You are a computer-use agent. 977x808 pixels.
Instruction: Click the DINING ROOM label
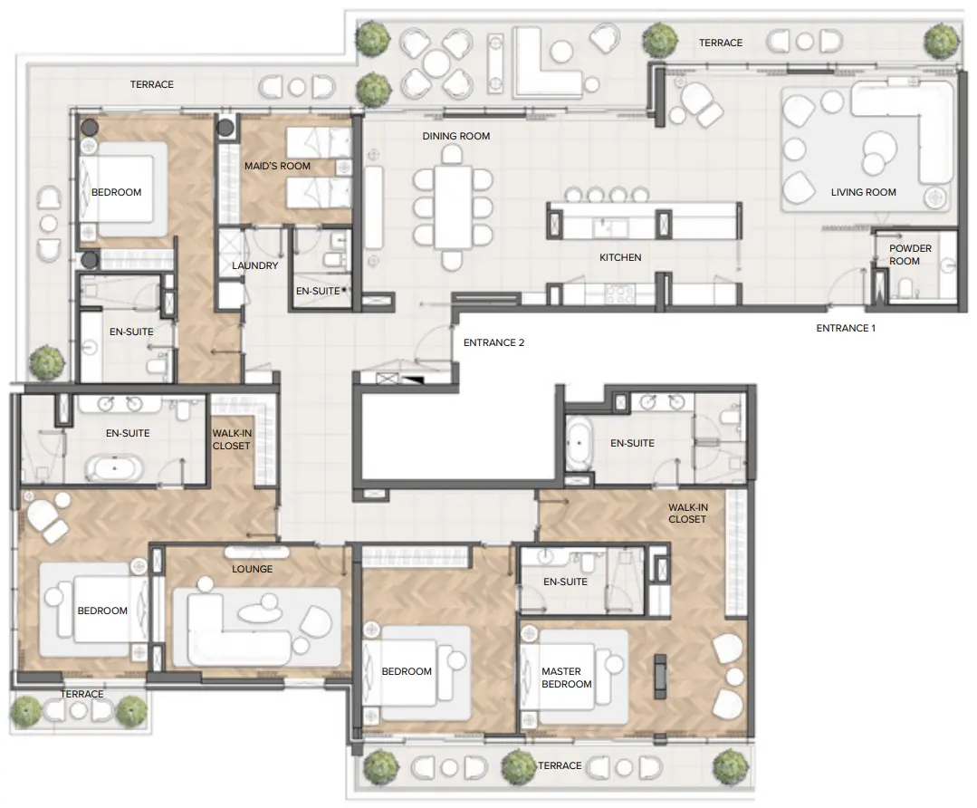pyautogui.click(x=455, y=136)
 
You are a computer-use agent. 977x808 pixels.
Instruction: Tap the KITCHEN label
pyautogui.click(x=620, y=257)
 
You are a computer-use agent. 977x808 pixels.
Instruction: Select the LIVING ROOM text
pyautogui.click(x=863, y=192)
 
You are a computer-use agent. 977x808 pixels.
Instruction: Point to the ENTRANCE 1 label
pyautogui.click(x=846, y=328)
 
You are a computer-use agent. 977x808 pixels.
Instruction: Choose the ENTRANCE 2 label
pyautogui.click(x=493, y=342)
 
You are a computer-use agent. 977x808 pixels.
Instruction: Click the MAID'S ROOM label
pyautogui.click(x=277, y=166)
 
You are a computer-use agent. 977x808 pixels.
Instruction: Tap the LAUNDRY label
pyautogui.click(x=254, y=265)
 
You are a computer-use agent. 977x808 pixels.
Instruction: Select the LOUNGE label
pyautogui.click(x=252, y=569)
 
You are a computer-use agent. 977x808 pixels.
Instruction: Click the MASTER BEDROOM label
pyautogui.click(x=566, y=678)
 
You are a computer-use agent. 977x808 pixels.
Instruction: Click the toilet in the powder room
pyautogui.click(x=906, y=288)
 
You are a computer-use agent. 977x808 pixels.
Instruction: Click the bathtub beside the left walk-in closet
pyautogui.click(x=114, y=469)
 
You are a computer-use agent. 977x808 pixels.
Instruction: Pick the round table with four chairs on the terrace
pyautogui.click(x=436, y=63)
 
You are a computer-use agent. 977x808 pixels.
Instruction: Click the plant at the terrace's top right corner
pyautogui.click(x=943, y=41)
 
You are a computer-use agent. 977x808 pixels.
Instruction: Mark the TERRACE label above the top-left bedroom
pyautogui.click(x=151, y=84)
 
